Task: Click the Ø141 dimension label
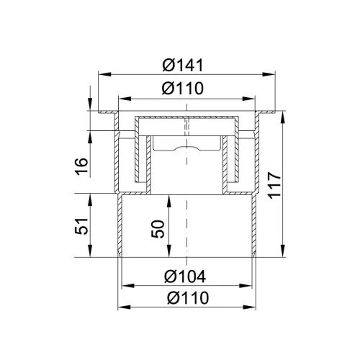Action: tap(183, 65)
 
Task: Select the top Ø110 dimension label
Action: tap(183, 88)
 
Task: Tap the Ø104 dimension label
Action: tap(185, 276)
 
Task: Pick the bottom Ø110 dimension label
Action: tap(188, 298)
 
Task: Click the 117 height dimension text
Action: tap(274, 185)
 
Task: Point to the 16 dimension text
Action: tap(81, 166)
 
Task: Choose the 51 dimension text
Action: tap(81, 226)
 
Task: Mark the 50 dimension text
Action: tap(158, 229)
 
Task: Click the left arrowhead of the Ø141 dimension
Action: tap(105, 74)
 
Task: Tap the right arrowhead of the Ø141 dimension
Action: tap(269, 74)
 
